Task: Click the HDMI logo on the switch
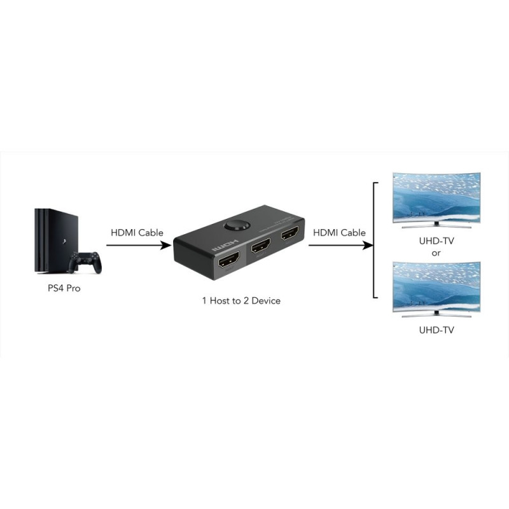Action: point(225,246)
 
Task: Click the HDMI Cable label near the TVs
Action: point(339,233)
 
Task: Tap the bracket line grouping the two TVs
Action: point(374,241)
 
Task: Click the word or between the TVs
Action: point(436,253)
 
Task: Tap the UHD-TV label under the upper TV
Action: point(436,241)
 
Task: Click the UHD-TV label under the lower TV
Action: point(436,331)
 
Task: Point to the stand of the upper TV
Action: point(436,223)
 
